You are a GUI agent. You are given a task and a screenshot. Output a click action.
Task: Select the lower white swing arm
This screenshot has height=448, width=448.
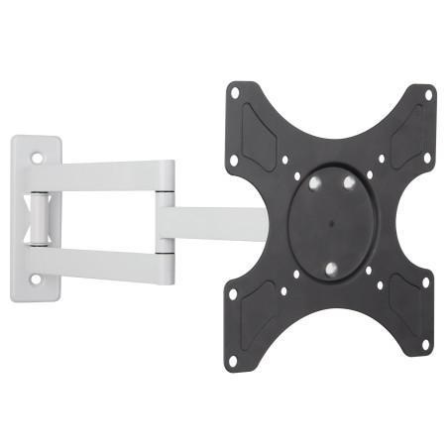coord(99,262)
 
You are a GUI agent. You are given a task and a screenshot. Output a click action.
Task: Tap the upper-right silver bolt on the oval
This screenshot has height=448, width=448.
coord(349,182)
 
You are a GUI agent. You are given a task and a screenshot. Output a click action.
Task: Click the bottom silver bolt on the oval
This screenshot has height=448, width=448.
coord(330,269)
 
